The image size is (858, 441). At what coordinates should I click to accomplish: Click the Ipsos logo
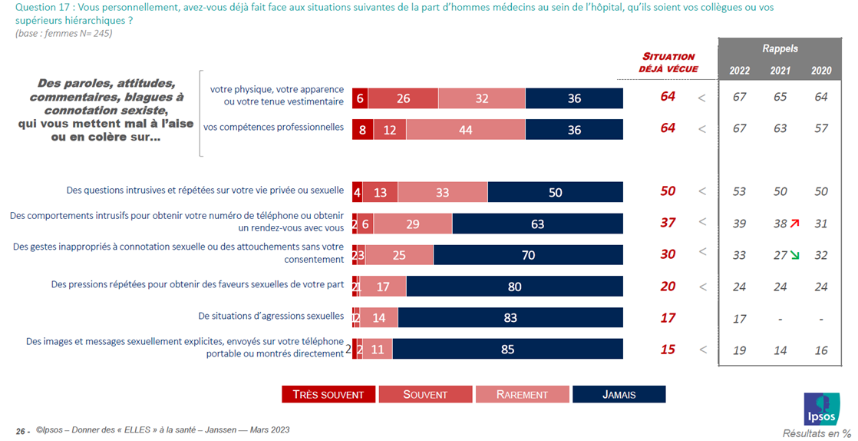(x=822, y=408)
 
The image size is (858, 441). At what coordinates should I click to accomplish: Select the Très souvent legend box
(x=328, y=394)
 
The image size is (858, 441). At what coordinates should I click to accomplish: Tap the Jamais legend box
(x=619, y=394)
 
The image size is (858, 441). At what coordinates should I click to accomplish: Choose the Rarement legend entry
(x=523, y=394)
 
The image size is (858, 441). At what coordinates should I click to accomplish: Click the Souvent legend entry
(x=425, y=394)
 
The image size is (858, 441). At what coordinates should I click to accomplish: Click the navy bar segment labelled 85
(x=507, y=349)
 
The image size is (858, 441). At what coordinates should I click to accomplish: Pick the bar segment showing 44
(x=466, y=130)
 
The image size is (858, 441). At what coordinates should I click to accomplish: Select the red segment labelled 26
(x=403, y=98)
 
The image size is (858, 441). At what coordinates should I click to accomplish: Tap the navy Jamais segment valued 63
(x=537, y=224)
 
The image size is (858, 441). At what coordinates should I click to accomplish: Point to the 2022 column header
(x=739, y=70)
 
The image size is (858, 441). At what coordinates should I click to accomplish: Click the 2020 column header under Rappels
(x=821, y=70)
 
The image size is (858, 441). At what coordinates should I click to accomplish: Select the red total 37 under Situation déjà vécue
(x=668, y=223)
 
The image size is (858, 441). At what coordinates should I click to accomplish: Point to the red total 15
(x=668, y=349)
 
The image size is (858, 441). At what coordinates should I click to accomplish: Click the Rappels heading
(x=780, y=48)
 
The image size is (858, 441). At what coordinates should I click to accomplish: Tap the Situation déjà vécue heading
(x=668, y=62)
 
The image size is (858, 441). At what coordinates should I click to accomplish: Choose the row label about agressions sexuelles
(x=271, y=316)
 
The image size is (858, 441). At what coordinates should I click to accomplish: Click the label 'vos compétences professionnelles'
(x=273, y=128)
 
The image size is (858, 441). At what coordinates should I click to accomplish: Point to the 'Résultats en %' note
(x=816, y=433)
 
